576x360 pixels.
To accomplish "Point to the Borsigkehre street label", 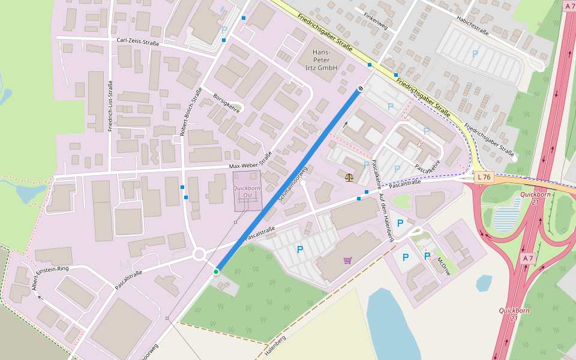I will [x=226, y=103].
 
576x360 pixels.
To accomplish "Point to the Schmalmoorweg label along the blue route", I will [x=293, y=184].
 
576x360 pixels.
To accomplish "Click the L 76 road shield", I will [x=485, y=177].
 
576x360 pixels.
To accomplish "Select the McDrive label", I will [x=444, y=266].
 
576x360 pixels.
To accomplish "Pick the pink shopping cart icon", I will [x=347, y=260].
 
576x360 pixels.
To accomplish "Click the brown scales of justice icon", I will [x=349, y=178].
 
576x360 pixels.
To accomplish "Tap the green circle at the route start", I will [x=216, y=272].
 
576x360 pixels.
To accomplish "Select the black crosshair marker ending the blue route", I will [x=360, y=89].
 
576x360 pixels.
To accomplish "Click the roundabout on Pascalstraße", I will [x=200, y=254].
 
